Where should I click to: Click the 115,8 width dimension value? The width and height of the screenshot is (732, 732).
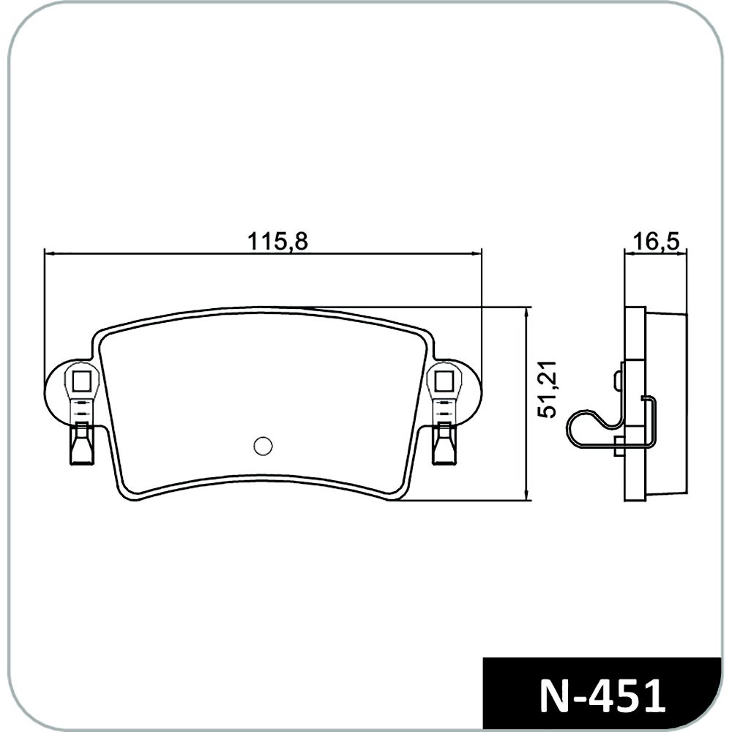point(277,242)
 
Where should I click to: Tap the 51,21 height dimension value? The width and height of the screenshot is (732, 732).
point(547,389)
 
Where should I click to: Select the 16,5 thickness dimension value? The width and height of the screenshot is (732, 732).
point(656,242)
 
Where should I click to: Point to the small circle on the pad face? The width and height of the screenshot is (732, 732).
point(263,446)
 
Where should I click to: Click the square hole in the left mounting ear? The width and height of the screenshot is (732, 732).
point(82,381)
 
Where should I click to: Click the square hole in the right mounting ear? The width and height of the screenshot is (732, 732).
point(444,381)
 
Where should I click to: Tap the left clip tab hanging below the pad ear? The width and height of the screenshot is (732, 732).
point(81,444)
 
